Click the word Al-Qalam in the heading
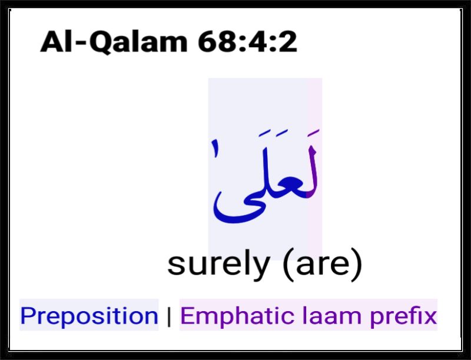click(114, 41)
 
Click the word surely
click(218, 265)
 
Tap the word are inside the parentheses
click(323, 265)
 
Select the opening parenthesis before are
click(288, 265)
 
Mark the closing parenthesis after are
click(357, 265)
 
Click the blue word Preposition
click(89, 316)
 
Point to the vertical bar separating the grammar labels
click(169, 317)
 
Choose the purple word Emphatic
click(237, 316)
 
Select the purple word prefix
click(403, 316)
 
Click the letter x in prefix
click(430, 318)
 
